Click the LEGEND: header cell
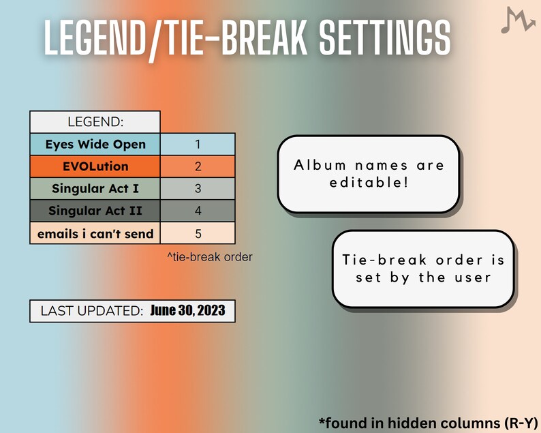(95, 122)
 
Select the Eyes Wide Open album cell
(95, 145)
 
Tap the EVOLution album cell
(95, 166)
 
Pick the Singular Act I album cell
(95, 189)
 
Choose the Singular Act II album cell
(95, 211)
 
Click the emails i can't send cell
(95, 233)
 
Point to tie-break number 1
(198, 145)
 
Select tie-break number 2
(198, 166)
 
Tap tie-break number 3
(198, 189)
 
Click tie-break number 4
(198, 211)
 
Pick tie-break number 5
(198, 233)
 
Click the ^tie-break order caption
(209, 257)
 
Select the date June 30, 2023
(187, 311)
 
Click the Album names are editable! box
(368, 174)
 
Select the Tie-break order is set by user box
(422, 268)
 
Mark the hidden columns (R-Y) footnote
(429, 421)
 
